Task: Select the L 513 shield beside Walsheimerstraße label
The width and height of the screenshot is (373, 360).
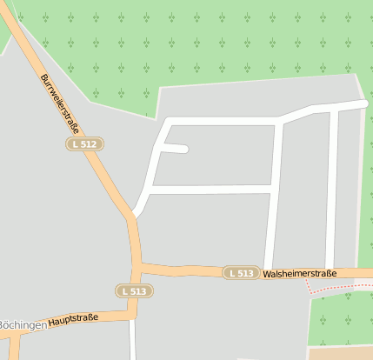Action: (241, 273)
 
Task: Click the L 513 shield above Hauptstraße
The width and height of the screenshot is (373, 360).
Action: (133, 290)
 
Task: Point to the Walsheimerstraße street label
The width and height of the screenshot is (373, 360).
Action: (300, 273)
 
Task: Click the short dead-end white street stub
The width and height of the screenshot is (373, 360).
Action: (175, 149)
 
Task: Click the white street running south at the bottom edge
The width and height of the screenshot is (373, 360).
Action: (134, 343)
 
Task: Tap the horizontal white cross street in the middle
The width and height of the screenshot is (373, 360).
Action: (209, 189)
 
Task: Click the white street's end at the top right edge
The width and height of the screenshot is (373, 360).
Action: (363, 104)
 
